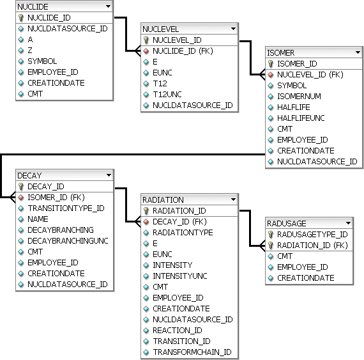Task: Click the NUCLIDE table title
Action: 33,7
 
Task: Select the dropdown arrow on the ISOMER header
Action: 358,52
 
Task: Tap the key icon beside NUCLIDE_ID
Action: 21,18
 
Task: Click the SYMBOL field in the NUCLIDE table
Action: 42,61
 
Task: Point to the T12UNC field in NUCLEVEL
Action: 167,95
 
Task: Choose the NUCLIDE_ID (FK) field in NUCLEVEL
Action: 183,51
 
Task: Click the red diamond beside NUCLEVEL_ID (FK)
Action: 271,75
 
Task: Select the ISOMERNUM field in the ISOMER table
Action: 299,96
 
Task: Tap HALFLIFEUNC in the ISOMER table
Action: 301,118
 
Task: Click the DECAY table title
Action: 29,175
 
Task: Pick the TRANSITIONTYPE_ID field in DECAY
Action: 66,208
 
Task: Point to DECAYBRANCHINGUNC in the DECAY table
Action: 68,241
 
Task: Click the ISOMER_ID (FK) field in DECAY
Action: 56,198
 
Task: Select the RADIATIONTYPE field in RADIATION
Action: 183,232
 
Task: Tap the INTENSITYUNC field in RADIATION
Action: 180,276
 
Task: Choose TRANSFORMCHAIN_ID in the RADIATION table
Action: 192,352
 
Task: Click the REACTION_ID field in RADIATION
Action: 178,330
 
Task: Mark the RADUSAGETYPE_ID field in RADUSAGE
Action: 312,235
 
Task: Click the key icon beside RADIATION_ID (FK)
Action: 271,246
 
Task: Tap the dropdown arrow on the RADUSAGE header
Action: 348,223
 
